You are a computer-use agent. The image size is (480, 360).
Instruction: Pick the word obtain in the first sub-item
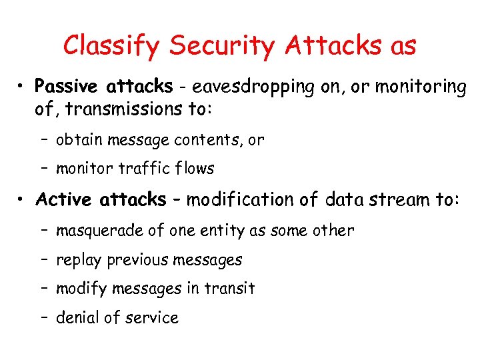77,140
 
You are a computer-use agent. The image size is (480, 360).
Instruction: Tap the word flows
196,169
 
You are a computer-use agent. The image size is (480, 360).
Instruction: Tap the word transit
230,289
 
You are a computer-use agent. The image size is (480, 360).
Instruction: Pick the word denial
75,318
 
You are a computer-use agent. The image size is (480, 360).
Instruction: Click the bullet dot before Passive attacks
23,87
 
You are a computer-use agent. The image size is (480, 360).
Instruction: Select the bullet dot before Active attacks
23,200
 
